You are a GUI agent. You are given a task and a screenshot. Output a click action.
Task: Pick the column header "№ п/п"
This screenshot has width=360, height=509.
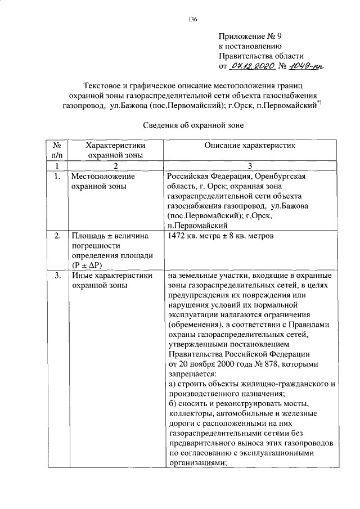(x=57, y=150)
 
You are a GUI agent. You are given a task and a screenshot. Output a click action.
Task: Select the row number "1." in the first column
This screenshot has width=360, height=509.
(x=57, y=176)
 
